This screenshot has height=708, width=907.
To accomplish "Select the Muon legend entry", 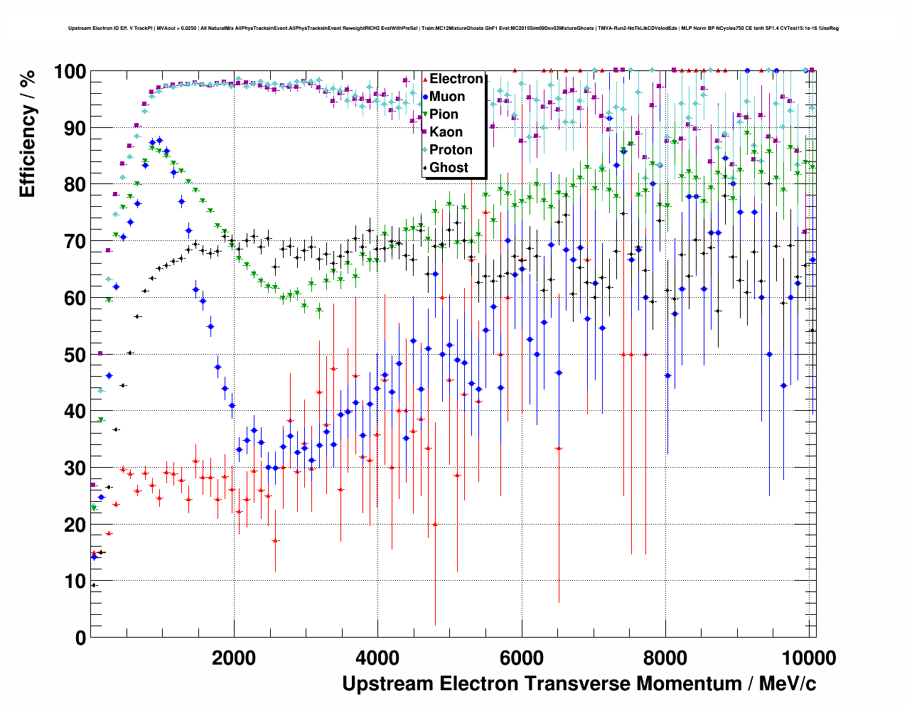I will click(447, 97).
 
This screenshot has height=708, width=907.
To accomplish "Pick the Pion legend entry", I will click(444, 114).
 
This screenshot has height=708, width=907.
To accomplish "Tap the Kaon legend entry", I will click(446, 132).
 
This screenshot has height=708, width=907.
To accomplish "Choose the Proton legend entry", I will click(451, 150).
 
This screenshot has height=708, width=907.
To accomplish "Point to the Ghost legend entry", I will click(449, 168).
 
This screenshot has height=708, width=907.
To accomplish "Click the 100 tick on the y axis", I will click(70, 72).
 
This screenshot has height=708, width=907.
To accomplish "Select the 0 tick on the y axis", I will click(80, 638).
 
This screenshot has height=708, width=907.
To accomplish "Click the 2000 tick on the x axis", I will click(234, 658).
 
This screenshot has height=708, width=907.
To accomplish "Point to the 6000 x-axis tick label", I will click(522, 658).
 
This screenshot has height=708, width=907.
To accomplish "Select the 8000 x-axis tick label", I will click(665, 658).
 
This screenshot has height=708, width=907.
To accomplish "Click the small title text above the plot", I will click(453, 28).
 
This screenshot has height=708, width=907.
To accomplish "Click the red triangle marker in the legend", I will click(424, 79).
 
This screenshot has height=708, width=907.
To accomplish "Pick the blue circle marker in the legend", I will click(424, 97).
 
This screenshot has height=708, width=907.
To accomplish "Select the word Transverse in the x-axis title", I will click(576, 684).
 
